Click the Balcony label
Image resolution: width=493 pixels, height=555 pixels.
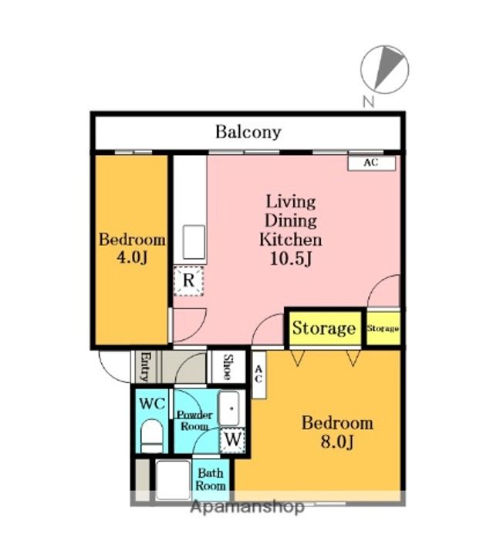coord(248,132)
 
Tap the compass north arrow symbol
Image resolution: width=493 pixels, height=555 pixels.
coord(385,69)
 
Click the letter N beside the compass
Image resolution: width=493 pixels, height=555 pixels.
coord(369,102)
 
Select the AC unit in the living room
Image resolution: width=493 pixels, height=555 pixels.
coord(372,163)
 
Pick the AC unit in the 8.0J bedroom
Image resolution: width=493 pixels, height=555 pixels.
coord(258,375)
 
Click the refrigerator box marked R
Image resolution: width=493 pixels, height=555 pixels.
coord(189,281)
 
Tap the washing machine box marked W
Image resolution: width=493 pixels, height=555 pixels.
coord(233,440)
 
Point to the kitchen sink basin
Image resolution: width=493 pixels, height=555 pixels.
coord(194,243)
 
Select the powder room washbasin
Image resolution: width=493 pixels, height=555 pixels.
coord(229,408)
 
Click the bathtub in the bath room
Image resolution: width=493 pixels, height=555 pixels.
coord(173,480)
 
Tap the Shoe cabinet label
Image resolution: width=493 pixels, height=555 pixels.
coord(228,367)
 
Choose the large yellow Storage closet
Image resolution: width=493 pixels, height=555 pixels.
coord(324,328)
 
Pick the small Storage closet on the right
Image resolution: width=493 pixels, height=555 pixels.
coord(383,328)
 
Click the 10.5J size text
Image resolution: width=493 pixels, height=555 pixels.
coord(291,259)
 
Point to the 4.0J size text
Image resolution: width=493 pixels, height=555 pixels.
coord(132,257)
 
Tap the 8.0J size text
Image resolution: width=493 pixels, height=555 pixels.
coord(337,442)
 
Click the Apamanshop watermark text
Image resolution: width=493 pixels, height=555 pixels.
coord(247,507)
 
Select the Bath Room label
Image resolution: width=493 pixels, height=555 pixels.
coord(211,479)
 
